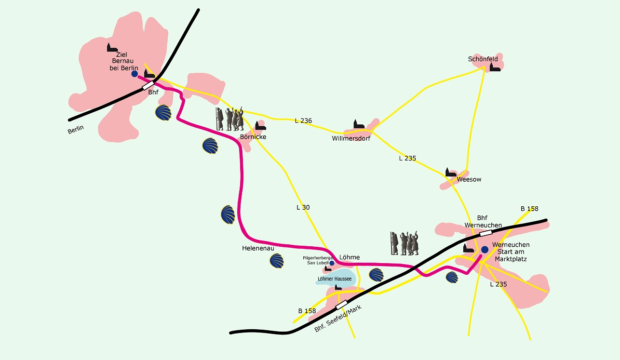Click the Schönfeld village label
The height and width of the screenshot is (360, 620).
(483, 59)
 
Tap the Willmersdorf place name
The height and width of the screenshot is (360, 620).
(351, 138)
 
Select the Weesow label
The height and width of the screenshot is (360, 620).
(469, 179)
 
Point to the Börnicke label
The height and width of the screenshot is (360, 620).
(253, 137)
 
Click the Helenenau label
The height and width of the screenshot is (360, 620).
(258, 248)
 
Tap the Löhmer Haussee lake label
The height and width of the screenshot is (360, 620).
(335, 279)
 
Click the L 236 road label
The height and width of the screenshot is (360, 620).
(303, 120)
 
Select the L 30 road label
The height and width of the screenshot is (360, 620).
(303, 207)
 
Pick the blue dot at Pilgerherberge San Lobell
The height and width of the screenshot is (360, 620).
(332, 263)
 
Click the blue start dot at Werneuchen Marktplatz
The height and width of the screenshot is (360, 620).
(485, 250)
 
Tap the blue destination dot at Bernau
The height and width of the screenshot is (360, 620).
(135, 74)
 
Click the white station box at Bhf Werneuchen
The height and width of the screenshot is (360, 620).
(486, 233)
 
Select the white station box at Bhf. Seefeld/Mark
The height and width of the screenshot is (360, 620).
(341, 305)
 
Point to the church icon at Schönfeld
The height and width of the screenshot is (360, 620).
(495, 67)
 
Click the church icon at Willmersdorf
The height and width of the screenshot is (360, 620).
(359, 124)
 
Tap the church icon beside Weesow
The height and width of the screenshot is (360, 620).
(451, 172)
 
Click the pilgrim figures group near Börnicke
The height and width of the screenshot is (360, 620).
(229, 119)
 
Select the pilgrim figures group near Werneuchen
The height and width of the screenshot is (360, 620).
(404, 243)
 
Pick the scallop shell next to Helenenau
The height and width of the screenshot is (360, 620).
(277, 261)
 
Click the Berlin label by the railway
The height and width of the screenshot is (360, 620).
(76, 130)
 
